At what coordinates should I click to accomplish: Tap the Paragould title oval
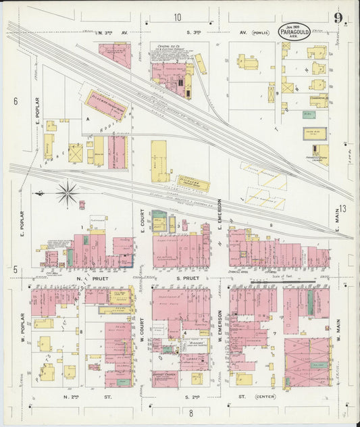pyautogui.click(x=294, y=31)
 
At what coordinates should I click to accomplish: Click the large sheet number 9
pyautogui.click(x=336, y=19)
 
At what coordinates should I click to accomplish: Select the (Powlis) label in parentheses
pyautogui.click(x=259, y=32)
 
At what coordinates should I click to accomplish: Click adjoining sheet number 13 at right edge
pyautogui.click(x=342, y=209)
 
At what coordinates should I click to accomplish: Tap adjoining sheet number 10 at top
pyautogui.click(x=177, y=18)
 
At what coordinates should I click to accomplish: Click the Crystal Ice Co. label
pyautogui.click(x=166, y=47)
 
